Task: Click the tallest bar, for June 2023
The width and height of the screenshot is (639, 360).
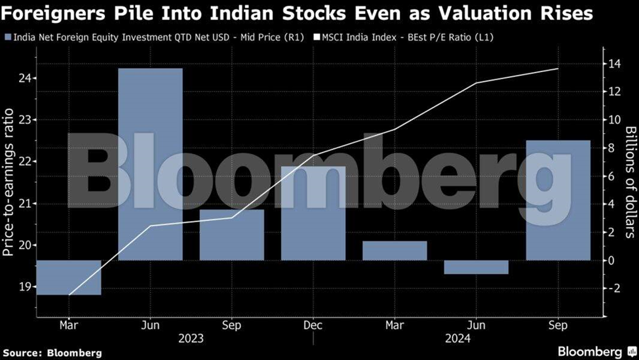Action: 150,164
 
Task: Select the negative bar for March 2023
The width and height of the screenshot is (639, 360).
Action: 69,277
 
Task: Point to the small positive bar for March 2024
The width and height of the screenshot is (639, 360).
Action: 395,250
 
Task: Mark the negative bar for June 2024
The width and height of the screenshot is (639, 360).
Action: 476,267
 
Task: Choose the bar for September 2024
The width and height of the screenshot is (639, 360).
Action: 558,200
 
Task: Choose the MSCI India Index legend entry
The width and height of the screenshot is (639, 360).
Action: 406,37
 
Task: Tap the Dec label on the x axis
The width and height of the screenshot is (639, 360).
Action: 313,325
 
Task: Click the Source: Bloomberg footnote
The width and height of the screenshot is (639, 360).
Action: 52,353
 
